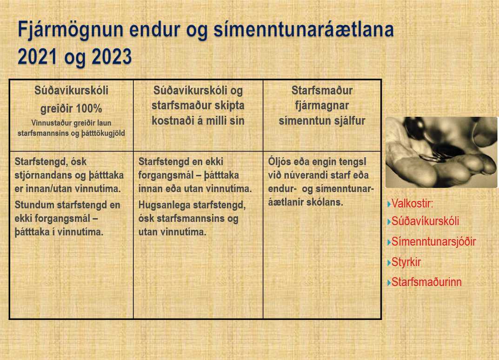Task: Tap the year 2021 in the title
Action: [37, 57]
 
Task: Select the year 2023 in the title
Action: [112, 57]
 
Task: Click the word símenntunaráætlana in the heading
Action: [304, 30]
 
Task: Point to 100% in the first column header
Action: [89, 109]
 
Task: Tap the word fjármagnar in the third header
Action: [322, 106]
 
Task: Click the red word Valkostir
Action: [413, 203]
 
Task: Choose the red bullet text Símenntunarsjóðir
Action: [433, 242]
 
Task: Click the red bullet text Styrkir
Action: [406, 262]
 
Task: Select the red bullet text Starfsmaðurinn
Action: [426, 282]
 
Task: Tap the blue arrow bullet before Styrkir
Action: [389, 263]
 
